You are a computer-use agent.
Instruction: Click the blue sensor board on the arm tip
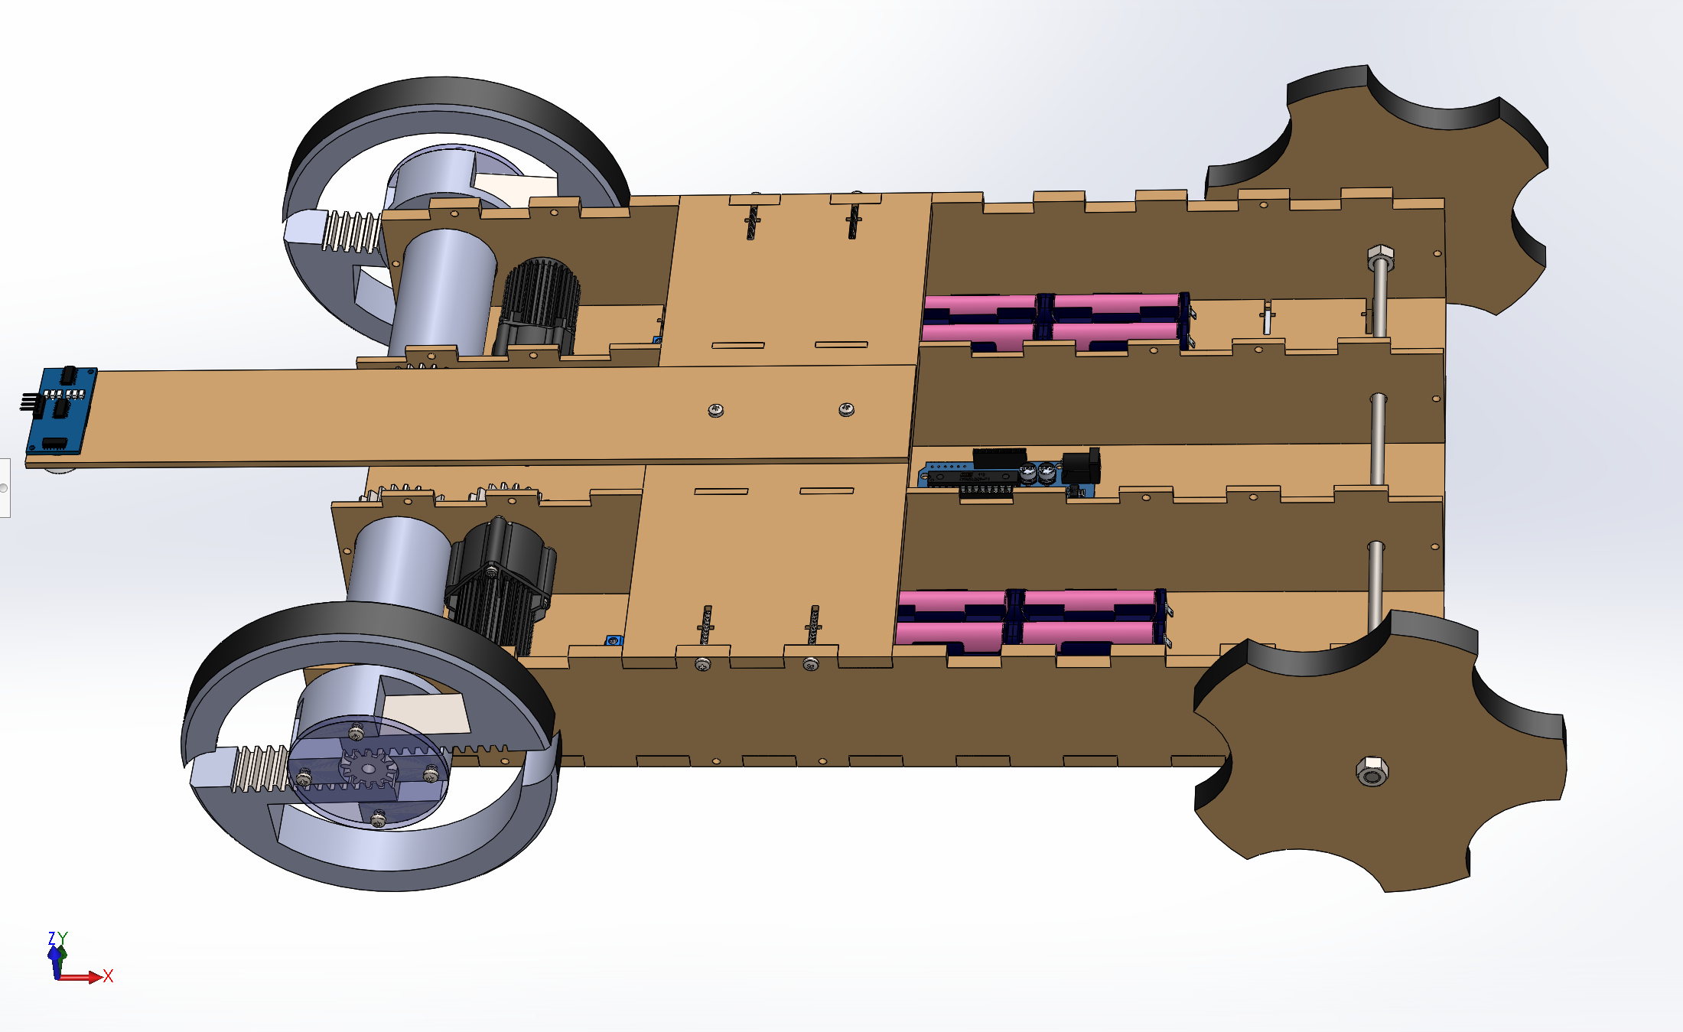[x=61, y=410]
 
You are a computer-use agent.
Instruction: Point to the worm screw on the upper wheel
[x=351, y=231]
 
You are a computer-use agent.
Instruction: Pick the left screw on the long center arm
[x=715, y=411]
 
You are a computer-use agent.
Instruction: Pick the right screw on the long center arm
[x=846, y=409]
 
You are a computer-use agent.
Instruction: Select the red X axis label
[x=108, y=976]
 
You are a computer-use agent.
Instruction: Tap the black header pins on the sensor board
[x=29, y=401]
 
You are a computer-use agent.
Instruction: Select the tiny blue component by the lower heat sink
[x=613, y=640]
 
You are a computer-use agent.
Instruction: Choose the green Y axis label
[x=63, y=938]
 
